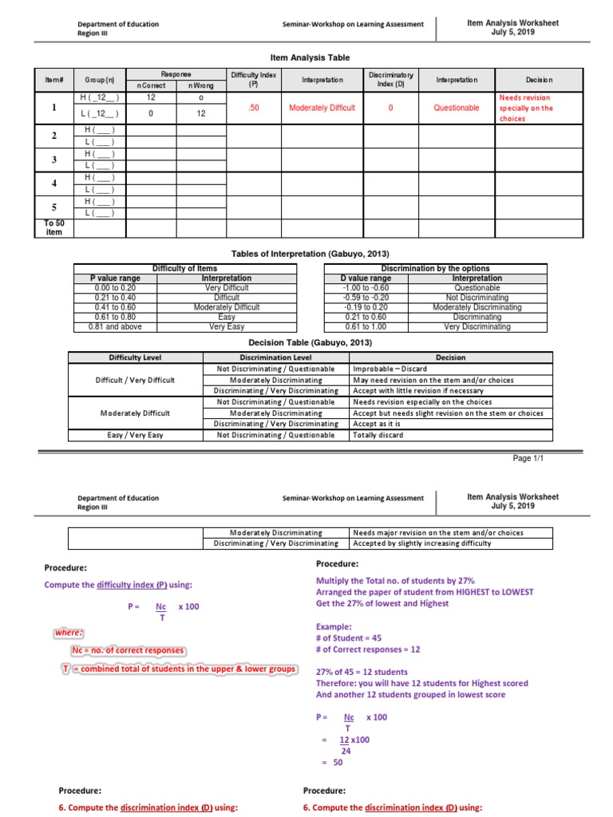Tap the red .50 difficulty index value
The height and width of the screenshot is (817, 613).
[253, 108]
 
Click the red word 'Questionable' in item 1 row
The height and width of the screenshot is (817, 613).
[457, 108]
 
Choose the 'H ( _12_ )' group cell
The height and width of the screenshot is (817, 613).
[100, 97]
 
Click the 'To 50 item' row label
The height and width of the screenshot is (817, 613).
[53, 227]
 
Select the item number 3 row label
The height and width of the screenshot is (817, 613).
[53, 160]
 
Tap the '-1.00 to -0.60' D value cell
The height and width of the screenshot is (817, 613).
[366, 288]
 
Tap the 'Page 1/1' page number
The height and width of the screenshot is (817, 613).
[528, 459]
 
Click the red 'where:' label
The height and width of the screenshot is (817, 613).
[69, 633]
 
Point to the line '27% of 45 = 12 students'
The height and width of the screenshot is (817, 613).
[362, 672]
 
